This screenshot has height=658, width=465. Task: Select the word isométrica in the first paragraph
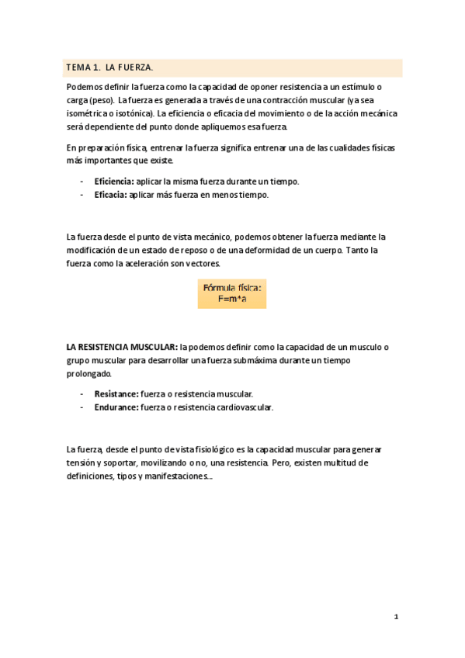click(88, 113)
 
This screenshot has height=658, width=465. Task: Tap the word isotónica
click(134, 113)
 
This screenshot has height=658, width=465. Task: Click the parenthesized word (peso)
click(102, 101)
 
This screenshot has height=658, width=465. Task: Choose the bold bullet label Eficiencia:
click(113, 182)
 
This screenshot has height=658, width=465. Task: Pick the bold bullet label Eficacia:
click(109, 195)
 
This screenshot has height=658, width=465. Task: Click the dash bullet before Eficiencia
click(82, 182)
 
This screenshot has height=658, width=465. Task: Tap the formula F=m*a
click(232, 300)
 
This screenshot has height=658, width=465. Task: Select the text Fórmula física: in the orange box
click(232, 288)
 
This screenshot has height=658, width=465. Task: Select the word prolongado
click(89, 373)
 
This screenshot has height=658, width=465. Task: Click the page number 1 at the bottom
click(396, 618)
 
